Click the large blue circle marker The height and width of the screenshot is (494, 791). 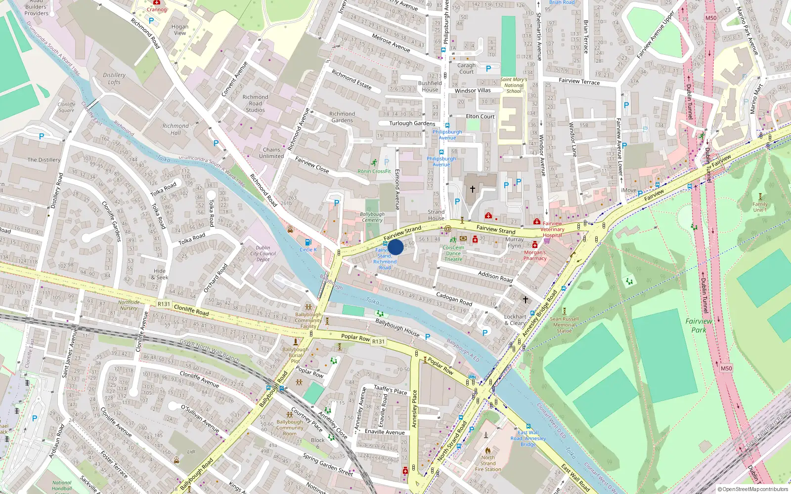coord(395,247)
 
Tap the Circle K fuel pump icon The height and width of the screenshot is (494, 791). coord(308,242)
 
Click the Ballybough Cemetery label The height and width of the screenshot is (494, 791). coord(372,217)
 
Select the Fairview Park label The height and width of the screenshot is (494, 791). coord(699,325)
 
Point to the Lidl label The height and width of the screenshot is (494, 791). coord(191,452)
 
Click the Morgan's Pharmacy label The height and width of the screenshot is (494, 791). coord(535,255)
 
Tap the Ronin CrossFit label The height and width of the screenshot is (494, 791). coord(374,171)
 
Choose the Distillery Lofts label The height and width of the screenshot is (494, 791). coord(114,79)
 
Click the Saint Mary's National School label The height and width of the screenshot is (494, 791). coord(514,85)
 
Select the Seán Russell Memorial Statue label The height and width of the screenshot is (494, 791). coord(564,325)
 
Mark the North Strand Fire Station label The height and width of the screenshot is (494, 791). coord(487,463)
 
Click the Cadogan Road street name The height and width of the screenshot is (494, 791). coord(454,298)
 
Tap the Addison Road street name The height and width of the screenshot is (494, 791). coord(495,276)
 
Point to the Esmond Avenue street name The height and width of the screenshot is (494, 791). coord(396,189)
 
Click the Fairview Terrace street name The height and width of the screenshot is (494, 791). coord(579,81)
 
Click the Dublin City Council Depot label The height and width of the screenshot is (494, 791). coord(263,253)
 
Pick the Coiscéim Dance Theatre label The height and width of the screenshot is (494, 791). coord(453,253)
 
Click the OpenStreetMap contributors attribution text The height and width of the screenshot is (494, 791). coord(752,490)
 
